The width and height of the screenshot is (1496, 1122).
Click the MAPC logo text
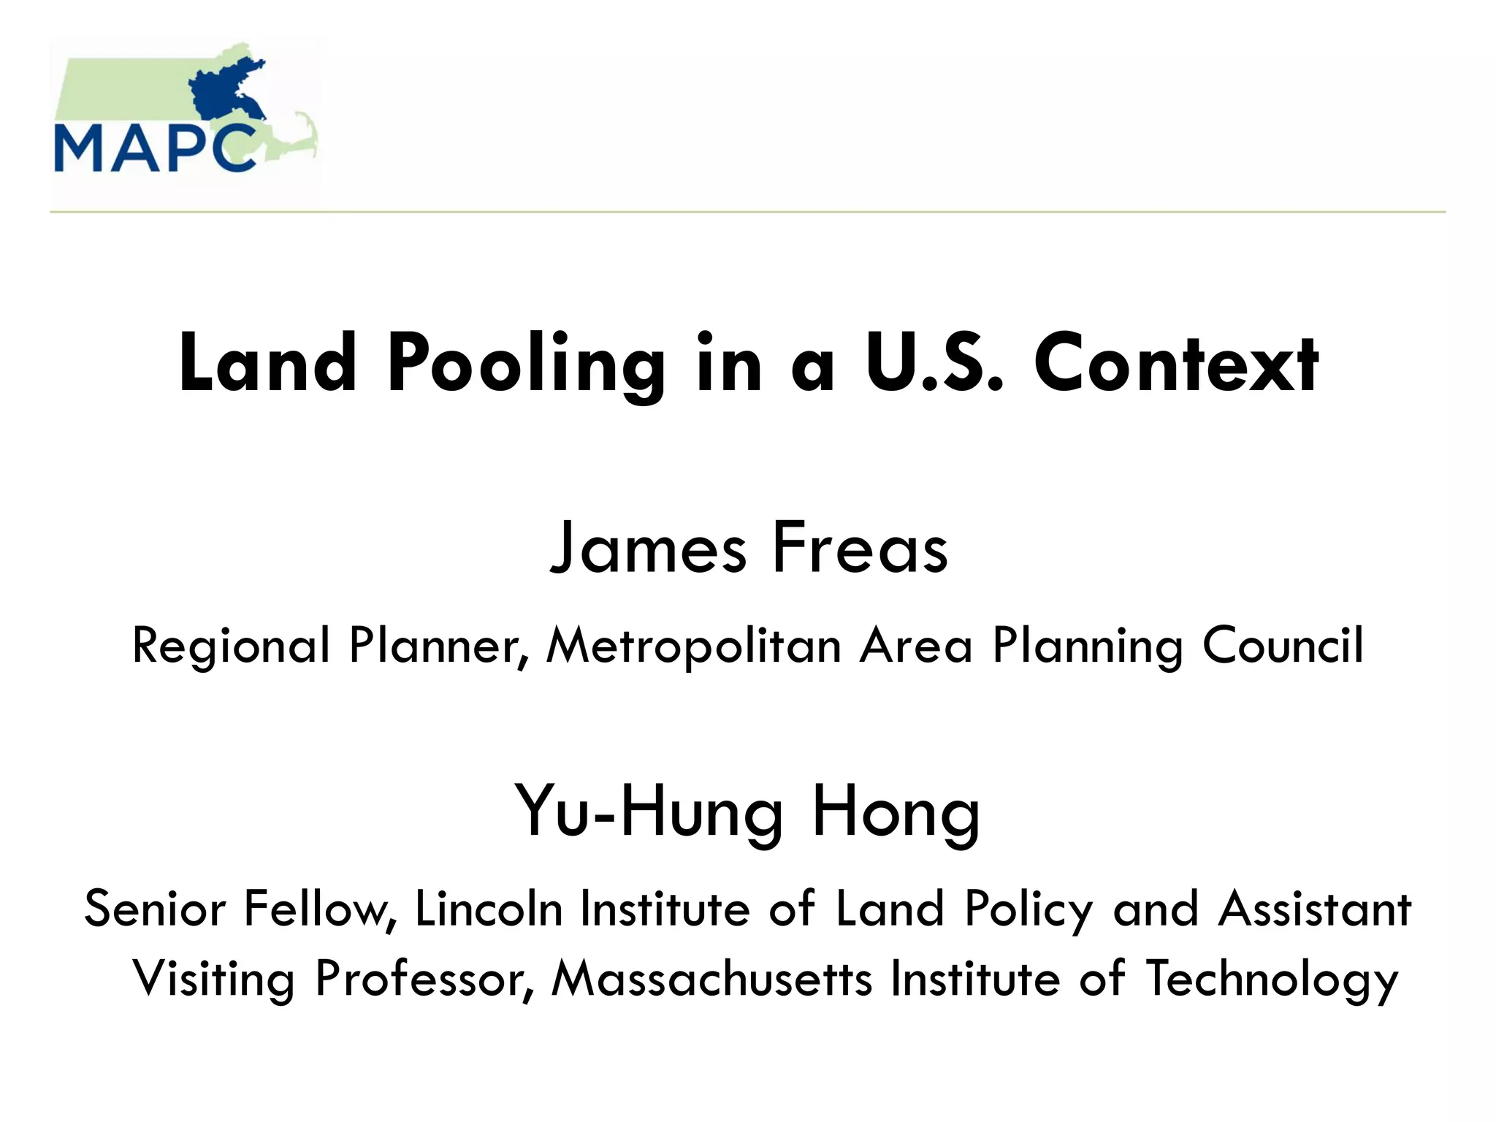[x=155, y=148]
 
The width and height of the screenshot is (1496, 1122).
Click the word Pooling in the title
[x=526, y=364]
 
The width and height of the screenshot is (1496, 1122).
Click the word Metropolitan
[x=694, y=646]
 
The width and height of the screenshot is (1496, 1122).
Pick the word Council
[x=1283, y=646]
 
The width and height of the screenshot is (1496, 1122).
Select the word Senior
[x=155, y=909]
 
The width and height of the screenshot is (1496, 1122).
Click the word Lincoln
[x=489, y=909]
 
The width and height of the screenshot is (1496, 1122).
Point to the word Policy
[x=1028, y=910]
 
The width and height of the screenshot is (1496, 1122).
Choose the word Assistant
[x=1314, y=909]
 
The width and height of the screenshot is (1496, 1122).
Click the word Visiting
[x=213, y=979]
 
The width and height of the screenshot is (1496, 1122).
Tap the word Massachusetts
[x=712, y=979]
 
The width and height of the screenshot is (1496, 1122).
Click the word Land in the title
[x=267, y=364]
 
